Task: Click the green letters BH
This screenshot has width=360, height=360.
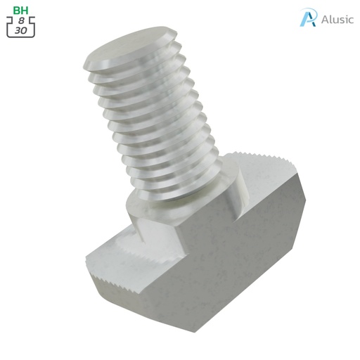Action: pos(20,11)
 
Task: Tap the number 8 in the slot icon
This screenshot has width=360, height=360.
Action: pos(21,22)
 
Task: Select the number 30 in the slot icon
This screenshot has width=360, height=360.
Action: pos(20,31)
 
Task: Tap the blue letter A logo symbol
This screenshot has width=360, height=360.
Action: pos(307,18)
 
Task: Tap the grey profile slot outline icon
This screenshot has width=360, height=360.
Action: pos(21,27)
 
